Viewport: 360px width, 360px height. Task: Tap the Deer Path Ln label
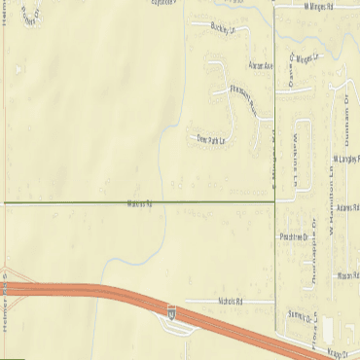tap(210, 139)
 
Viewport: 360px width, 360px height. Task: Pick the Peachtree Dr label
tap(293, 235)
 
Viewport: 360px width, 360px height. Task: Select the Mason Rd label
tap(348, 276)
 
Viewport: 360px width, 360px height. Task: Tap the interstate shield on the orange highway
tap(171, 312)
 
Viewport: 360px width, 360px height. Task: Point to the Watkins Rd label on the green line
tap(140, 203)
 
